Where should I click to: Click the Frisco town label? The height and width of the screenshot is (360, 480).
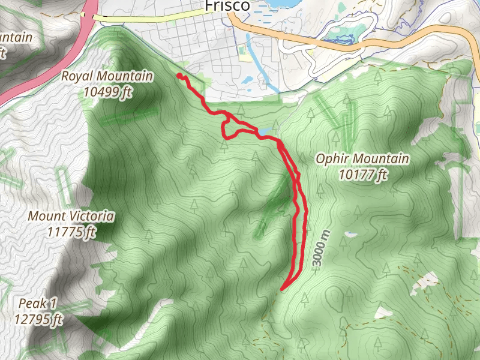pos(227,5)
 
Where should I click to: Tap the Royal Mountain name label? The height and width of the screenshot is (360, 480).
pos(107,77)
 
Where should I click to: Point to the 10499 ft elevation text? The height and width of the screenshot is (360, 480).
pos(107,92)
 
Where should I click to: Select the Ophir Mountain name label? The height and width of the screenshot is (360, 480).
pos(362,159)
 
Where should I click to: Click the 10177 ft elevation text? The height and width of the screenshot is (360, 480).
pos(362,174)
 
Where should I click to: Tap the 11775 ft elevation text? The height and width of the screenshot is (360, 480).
pos(71,231)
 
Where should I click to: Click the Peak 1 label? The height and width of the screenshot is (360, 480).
pos(37,303)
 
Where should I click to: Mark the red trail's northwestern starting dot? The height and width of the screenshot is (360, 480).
pos(179,76)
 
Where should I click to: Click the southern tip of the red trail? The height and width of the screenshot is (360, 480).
pos(282,289)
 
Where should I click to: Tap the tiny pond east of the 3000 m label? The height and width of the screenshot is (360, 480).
pos(350,233)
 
